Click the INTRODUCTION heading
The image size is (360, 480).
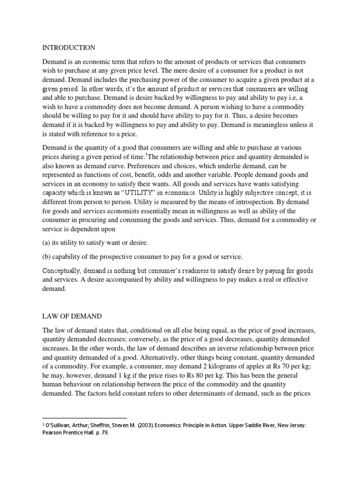pyautogui.click(x=69, y=48)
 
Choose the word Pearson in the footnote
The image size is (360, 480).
pyautogui.click(x=53, y=433)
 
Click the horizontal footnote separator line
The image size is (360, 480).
pyautogui.click(x=84, y=417)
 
